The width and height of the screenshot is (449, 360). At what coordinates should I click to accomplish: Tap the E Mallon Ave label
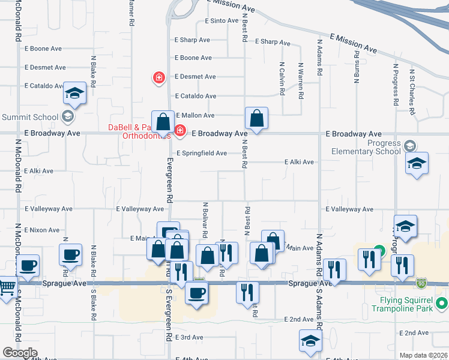coord(194,115)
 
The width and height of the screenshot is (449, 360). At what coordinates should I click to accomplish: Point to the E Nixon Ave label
coord(42,230)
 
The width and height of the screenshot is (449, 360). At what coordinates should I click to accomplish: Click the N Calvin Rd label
coord(281,79)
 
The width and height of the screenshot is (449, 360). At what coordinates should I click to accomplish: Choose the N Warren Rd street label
coord(300,79)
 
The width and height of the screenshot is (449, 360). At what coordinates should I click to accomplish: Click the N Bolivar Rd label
coord(205,220)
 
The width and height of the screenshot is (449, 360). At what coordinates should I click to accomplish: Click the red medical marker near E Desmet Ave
coord(159,77)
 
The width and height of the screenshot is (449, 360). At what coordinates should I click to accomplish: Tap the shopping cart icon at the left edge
coord(6,286)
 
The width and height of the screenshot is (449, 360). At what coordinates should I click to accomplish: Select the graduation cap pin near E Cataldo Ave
coord(75,93)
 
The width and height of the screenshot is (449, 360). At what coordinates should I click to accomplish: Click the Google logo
coord(20,353)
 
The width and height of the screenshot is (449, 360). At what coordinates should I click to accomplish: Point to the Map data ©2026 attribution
coord(424,355)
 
